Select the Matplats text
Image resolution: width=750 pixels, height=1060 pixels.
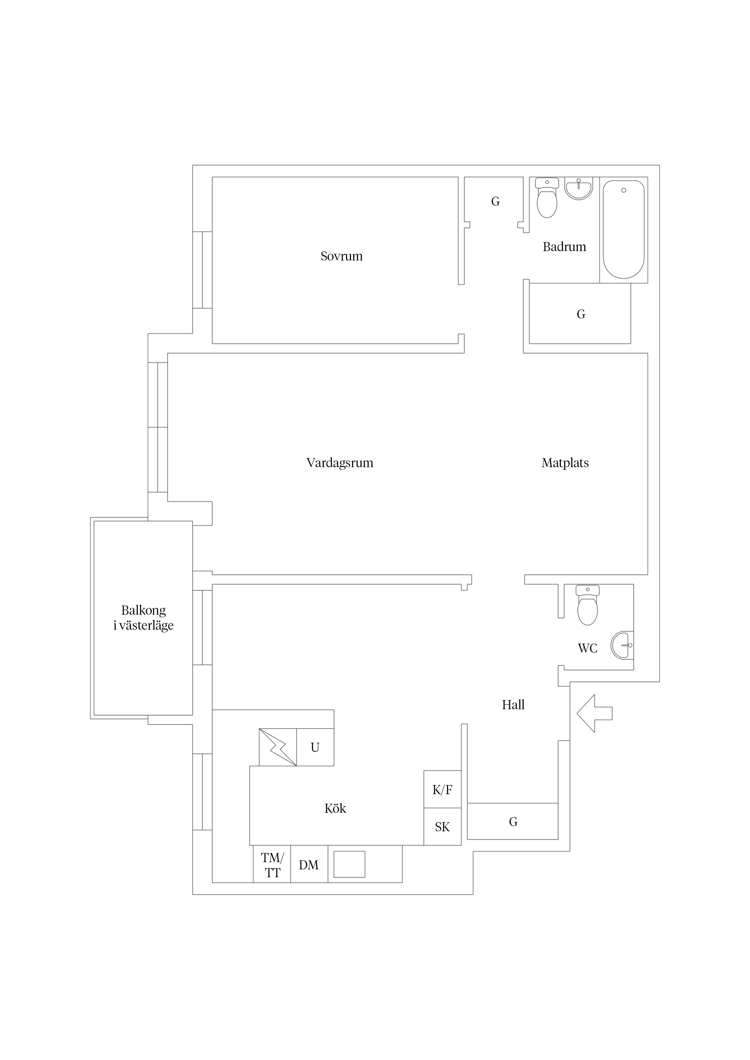(565, 463)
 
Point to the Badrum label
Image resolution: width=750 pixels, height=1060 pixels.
(564, 247)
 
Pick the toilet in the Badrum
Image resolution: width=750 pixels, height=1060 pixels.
(547, 198)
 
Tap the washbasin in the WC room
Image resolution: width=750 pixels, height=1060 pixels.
(622, 645)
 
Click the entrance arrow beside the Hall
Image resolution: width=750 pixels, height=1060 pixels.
(594, 713)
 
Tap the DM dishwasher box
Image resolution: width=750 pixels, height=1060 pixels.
(309, 864)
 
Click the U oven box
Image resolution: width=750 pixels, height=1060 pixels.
(315, 747)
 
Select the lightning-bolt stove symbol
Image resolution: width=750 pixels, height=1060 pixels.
(278, 747)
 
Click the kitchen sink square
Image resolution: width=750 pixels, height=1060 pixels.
(349, 864)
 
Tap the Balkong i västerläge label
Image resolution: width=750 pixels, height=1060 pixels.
(143, 618)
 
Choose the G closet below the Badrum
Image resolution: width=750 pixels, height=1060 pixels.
(580, 313)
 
